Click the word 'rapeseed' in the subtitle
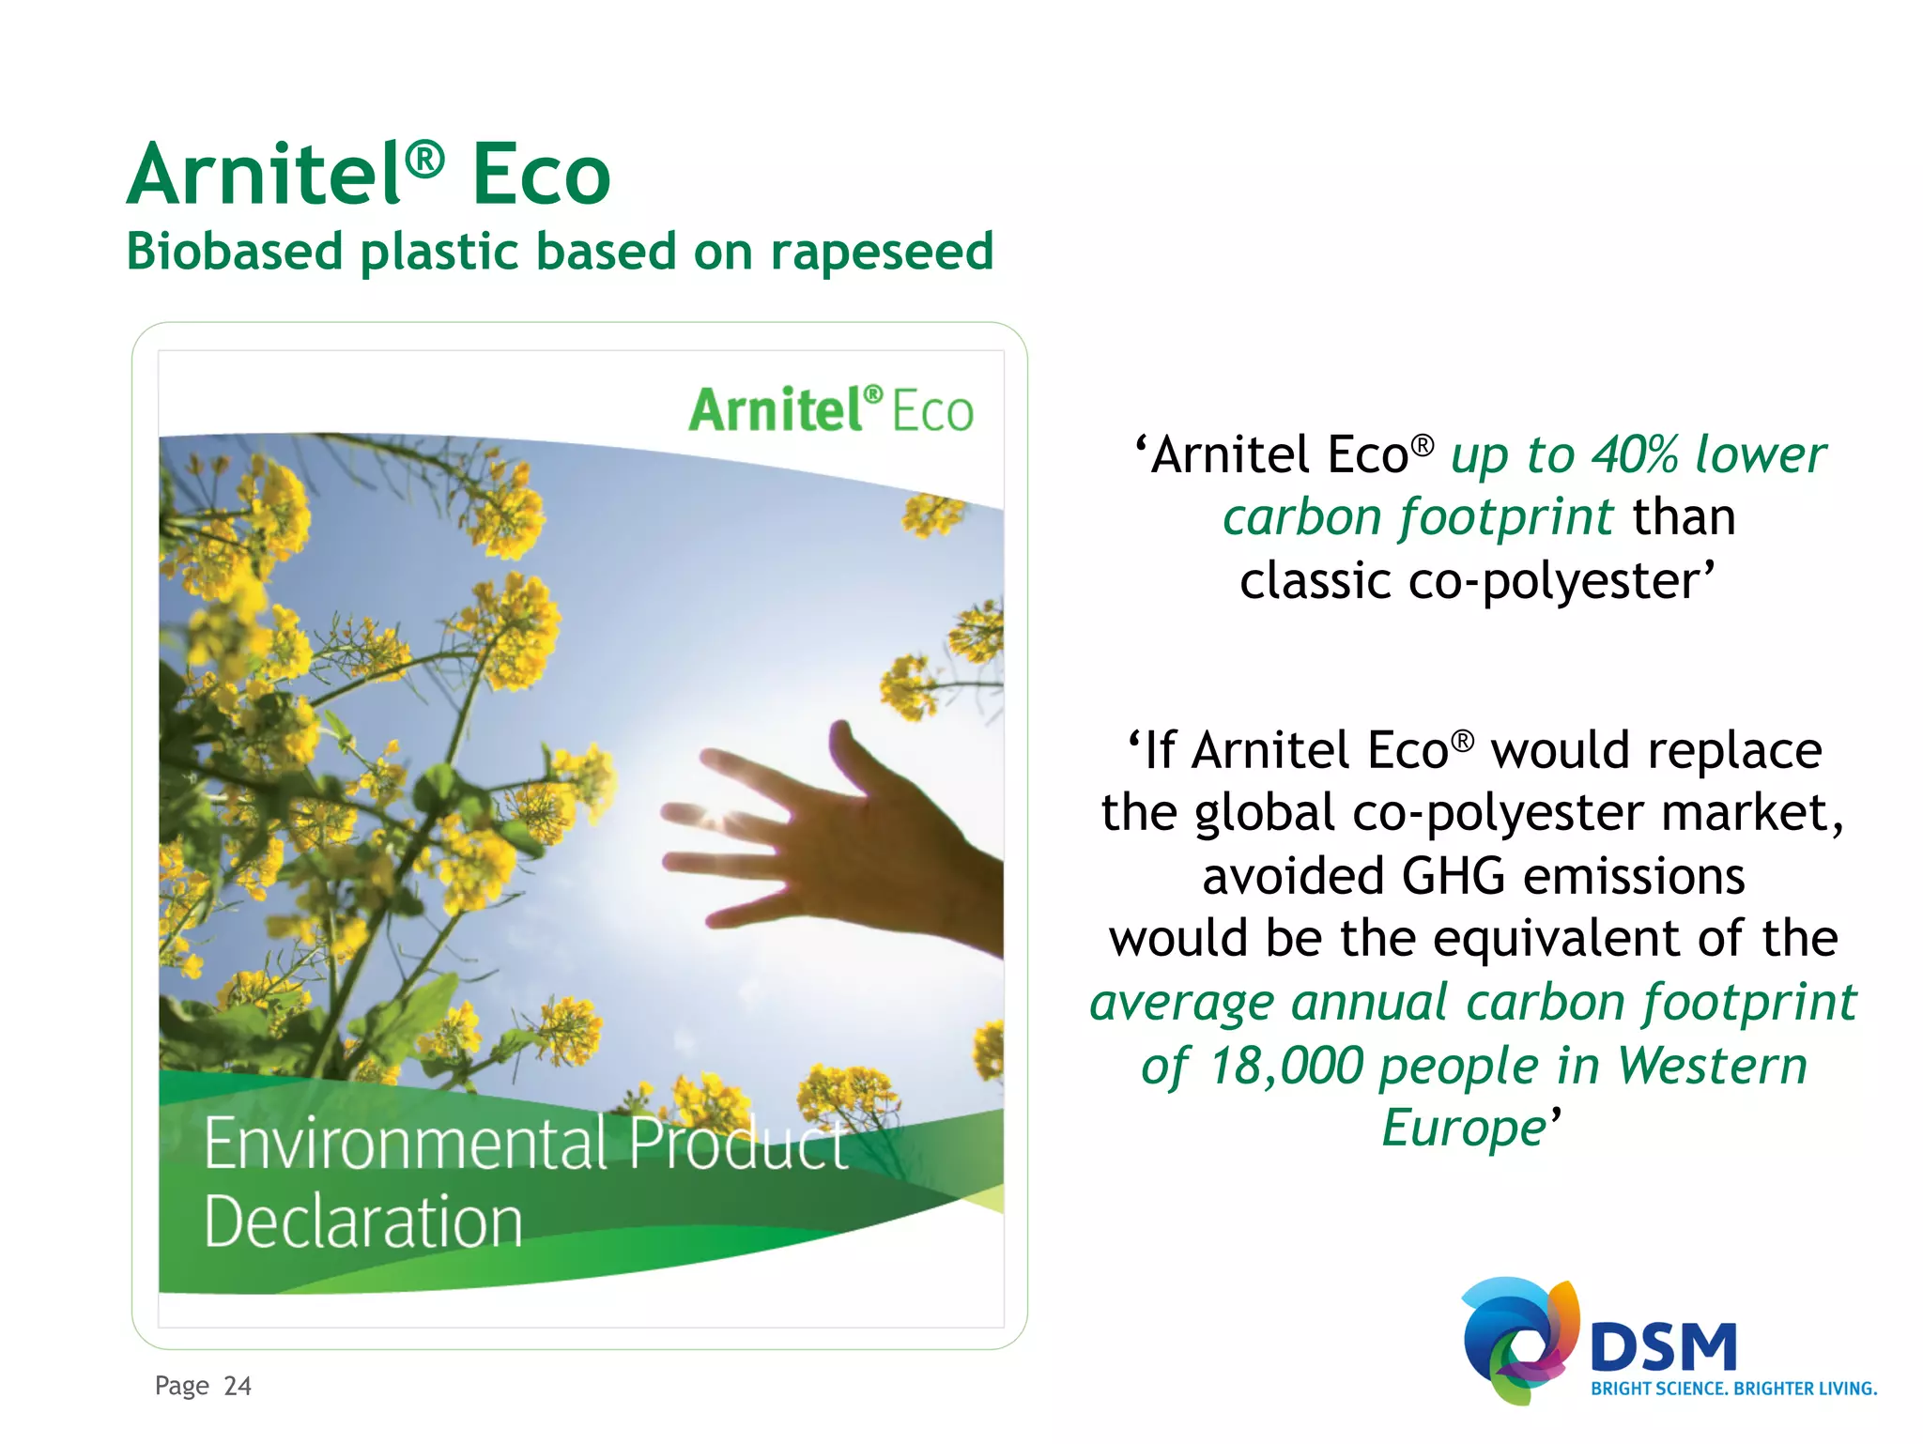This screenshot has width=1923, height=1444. point(882,252)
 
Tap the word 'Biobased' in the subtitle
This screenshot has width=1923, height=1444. point(235,252)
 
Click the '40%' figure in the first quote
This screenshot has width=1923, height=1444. point(1634,455)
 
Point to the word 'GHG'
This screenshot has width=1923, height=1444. point(1454,876)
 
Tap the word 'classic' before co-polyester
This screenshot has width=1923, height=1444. point(1315,581)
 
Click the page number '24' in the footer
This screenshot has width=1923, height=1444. point(238,1386)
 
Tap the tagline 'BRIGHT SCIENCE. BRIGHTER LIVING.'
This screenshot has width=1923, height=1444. point(1733,1389)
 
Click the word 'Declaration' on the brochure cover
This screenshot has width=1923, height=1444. point(362,1221)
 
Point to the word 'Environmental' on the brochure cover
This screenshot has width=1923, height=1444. point(406,1144)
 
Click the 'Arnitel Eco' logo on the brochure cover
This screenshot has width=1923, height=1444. point(830,410)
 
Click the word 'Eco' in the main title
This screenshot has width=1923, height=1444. point(541,175)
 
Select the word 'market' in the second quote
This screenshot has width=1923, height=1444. point(1746,813)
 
